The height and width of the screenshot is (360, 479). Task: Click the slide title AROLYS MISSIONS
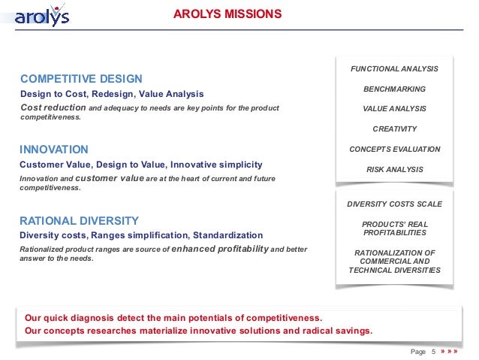click(227, 14)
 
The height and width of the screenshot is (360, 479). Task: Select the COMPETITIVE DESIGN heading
click(80, 79)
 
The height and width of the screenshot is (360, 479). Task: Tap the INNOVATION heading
click(53, 150)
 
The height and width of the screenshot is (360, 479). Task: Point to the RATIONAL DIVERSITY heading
click(79, 220)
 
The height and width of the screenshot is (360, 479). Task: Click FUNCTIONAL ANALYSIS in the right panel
click(394, 69)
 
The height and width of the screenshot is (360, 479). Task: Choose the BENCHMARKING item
click(394, 89)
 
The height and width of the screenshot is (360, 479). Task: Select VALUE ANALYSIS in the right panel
click(394, 109)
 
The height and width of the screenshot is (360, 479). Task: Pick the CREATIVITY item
click(394, 129)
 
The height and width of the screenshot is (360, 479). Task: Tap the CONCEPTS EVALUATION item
click(394, 150)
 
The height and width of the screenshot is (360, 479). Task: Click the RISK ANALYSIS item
click(394, 170)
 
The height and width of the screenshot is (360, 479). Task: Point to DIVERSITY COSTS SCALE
click(394, 204)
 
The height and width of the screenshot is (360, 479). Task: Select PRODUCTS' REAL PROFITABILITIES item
click(394, 228)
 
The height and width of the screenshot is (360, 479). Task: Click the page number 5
click(433, 352)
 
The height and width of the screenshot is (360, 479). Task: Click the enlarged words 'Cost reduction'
click(53, 108)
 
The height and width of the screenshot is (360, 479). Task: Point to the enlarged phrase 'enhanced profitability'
click(219, 249)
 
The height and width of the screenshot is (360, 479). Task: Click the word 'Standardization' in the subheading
click(227, 235)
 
